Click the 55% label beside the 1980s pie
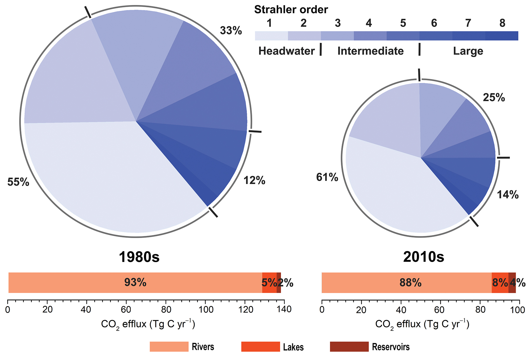pos(18,182)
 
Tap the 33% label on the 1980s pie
pos(231,31)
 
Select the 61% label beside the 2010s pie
pos(327,177)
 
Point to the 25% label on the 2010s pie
pos(494,98)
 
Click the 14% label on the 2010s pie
pos(508,195)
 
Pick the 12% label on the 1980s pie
pos(254,180)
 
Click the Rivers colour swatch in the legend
pos(169,347)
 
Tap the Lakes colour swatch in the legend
pos(260,347)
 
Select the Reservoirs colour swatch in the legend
pos(349,347)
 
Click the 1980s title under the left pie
pos(139,257)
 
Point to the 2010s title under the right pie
pos(423,257)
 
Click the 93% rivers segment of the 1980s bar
pos(135,283)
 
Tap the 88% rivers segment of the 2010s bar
pos(410,283)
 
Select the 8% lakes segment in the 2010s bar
pos(500,283)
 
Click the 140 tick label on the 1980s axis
pos(284,309)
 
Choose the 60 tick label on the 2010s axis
pos(440,309)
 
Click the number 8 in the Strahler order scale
pos(502,23)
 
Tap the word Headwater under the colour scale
pos(287,51)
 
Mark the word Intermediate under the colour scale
pos(370,51)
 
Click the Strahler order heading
pos(291,10)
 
